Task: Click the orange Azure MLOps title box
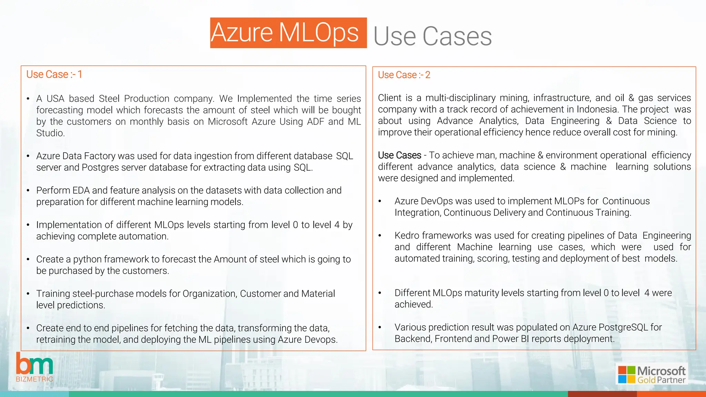click(x=288, y=33)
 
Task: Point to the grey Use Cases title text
click(x=432, y=36)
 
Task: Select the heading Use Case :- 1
click(x=54, y=74)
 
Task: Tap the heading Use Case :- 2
click(x=404, y=75)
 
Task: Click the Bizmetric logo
click(x=34, y=367)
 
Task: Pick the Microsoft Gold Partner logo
click(x=652, y=374)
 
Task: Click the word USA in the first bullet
click(x=56, y=99)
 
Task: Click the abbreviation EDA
click(x=81, y=190)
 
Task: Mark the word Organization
click(x=209, y=294)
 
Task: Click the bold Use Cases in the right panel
click(x=400, y=155)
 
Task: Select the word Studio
click(x=50, y=133)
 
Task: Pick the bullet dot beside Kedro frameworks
click(x=380, y=236)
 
